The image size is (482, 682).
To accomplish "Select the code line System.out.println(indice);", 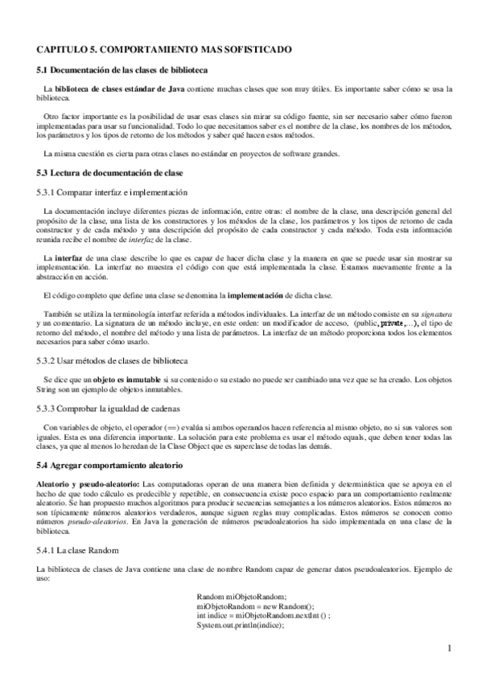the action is coord(239,623).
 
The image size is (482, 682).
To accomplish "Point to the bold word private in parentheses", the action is coord(391,322).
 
